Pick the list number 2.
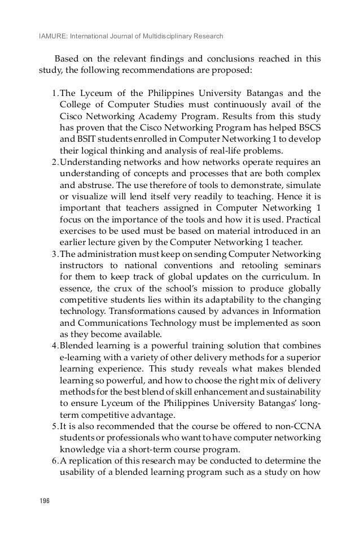(x=53, y=165)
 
